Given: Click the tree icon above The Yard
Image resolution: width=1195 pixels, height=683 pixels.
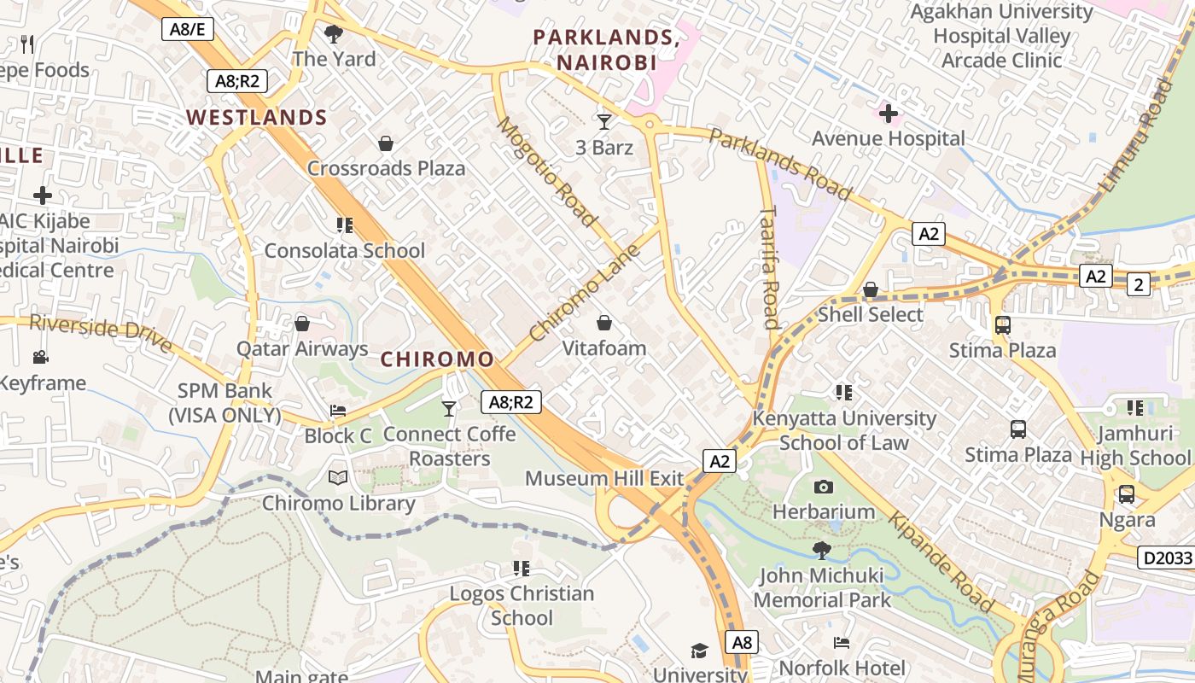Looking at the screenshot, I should point(334,34).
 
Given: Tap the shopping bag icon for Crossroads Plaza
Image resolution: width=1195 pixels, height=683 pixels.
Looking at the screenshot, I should point(386,143).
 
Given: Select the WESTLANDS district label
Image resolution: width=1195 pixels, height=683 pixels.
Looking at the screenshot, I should point(257,118).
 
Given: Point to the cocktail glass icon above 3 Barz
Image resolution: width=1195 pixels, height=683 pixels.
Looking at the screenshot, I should point(604,122).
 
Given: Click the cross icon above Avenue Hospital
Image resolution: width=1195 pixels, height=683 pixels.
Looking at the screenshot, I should point(889,113).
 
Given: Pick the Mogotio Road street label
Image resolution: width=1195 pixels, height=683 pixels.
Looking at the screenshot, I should point(546,172).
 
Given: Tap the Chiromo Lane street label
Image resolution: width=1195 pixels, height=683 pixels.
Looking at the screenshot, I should point(585,293).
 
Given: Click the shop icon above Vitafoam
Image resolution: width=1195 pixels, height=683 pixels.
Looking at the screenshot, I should point(604,323).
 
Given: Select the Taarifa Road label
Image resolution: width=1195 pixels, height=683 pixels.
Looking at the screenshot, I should point(769,266).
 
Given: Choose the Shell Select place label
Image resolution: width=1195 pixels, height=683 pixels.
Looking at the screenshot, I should point(870,314).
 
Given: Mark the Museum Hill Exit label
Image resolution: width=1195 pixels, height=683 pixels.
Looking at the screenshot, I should point(604,478).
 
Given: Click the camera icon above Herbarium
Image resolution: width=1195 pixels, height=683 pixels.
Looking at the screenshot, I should point(824,487).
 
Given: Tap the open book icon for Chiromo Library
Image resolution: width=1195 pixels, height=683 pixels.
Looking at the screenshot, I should point(338,478).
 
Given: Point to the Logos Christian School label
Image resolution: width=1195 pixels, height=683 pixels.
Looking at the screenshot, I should point(522,605).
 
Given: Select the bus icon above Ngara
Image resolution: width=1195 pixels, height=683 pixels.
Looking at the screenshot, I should point(1127,494).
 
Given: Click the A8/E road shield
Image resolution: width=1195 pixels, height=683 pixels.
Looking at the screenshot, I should point(188,29).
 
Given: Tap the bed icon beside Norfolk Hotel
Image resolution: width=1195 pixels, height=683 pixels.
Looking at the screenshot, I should point(842,642).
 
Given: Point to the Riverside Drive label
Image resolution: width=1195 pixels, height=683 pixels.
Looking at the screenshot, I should point(101,334).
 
